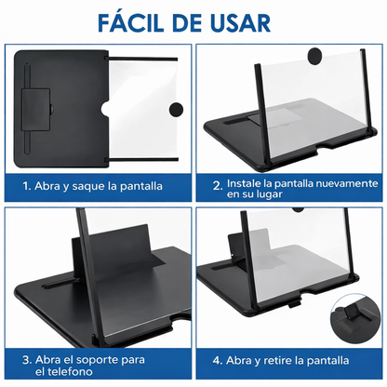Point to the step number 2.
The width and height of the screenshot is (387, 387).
(x=215, y=186)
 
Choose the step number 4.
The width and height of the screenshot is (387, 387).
(x=215, y=359)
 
